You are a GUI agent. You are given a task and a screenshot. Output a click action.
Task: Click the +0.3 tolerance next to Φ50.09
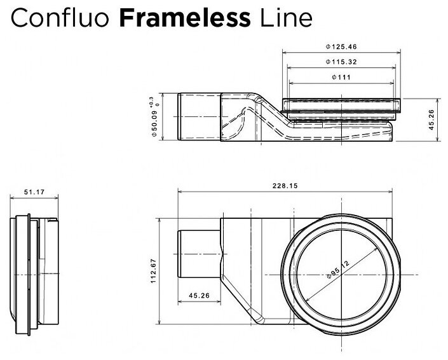pyautogui.click(x=151, y=102)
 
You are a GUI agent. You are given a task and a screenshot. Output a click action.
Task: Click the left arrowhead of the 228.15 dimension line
pyautogui.click(x=180, y=191)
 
